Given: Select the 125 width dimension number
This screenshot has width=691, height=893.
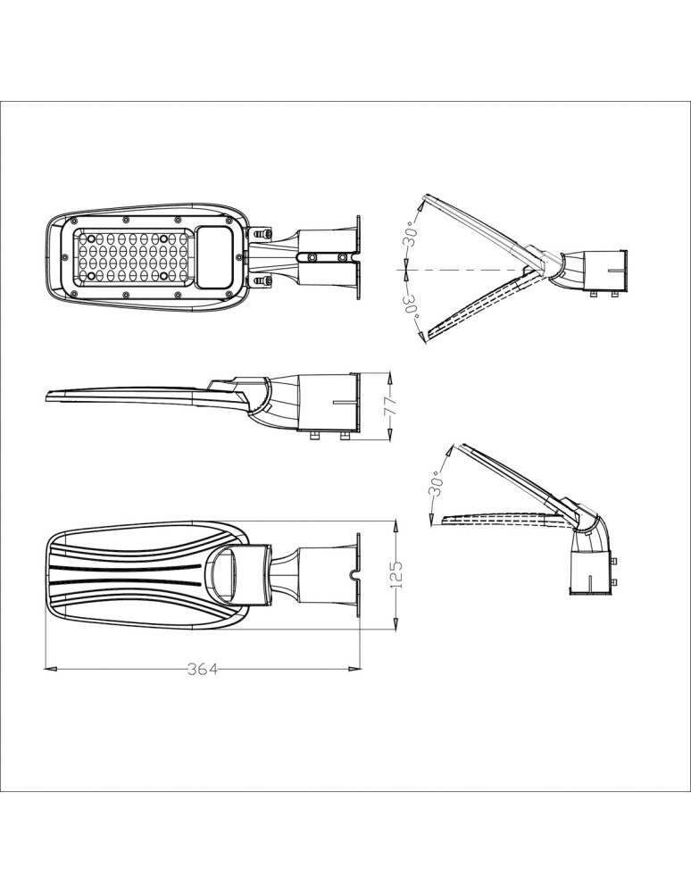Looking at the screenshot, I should tap(398, 573).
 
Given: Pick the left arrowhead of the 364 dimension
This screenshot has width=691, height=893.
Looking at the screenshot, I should tap(50, 667).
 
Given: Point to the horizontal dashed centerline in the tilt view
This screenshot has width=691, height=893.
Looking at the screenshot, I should tap(464, 269).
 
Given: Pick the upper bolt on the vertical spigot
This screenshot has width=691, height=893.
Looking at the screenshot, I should tap(615, 561).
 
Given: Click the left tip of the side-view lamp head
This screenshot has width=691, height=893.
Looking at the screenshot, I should tap(45, 396).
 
